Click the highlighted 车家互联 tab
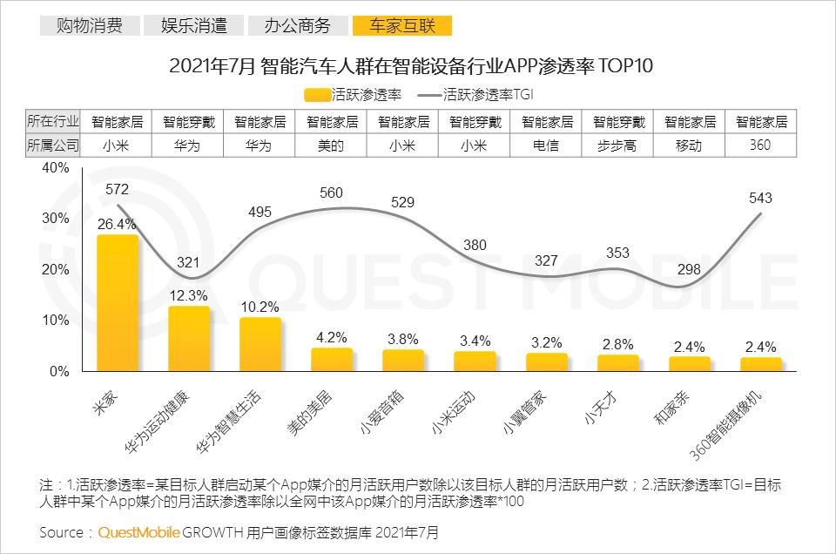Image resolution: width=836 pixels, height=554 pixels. click(x=401, y=25)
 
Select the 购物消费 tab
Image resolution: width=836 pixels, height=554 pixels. click(x=89, y=25)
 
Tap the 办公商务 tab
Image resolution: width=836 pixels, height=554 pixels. click(x=298, y=25)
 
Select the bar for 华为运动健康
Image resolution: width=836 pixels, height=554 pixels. click(x=189, y=339)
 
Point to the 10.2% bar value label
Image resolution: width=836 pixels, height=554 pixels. click(x=260, y=306)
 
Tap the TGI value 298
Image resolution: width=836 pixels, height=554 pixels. click(x=689, y=268)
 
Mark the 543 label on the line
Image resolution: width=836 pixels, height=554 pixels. click(x=760, y=199)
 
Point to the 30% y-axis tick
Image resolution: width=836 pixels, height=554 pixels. click(x=57, y=218)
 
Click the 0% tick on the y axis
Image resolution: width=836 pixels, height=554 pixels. click(x=59, y=372)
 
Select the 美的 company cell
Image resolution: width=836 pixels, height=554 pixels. click(x=331, y=145)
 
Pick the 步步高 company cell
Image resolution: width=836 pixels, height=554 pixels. click(x=617, y=145)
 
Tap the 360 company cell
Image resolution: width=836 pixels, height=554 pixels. click(x=760, y=145)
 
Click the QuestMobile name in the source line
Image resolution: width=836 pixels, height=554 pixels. click(x=139, y=531)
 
